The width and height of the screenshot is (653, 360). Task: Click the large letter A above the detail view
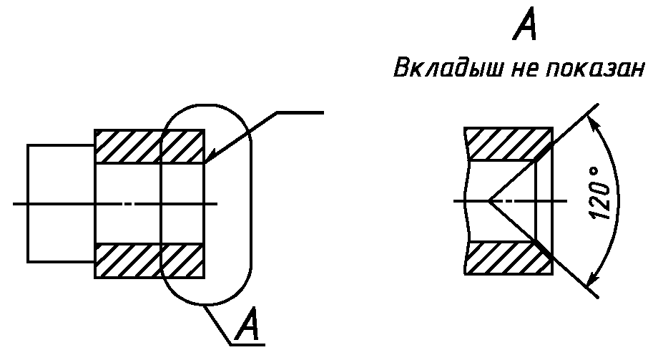(525, 29)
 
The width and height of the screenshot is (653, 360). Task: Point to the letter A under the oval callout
(248, 325)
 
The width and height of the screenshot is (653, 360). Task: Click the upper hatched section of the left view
(149, 147)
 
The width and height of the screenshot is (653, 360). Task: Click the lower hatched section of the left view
(149, 261)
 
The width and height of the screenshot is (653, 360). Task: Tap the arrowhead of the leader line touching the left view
(209, 160)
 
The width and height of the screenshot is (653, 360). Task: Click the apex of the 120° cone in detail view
(490, 201)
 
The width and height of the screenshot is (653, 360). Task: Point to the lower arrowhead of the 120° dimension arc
(591, 281)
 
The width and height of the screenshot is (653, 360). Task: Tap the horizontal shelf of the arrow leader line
(300, 112)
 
